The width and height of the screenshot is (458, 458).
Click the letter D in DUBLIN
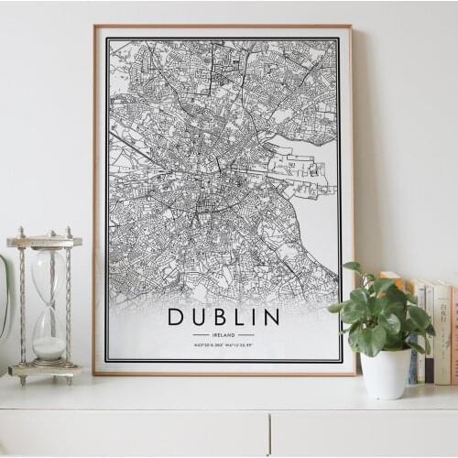tap(175, 317)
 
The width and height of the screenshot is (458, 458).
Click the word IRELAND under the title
tap(224, 334)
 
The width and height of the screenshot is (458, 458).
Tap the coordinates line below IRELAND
tap(224, 344)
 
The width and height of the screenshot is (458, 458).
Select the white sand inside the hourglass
tap(49, 347)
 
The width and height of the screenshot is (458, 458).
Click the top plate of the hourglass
tap(44, 241)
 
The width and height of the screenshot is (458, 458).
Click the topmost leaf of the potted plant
tap(353, 267)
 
